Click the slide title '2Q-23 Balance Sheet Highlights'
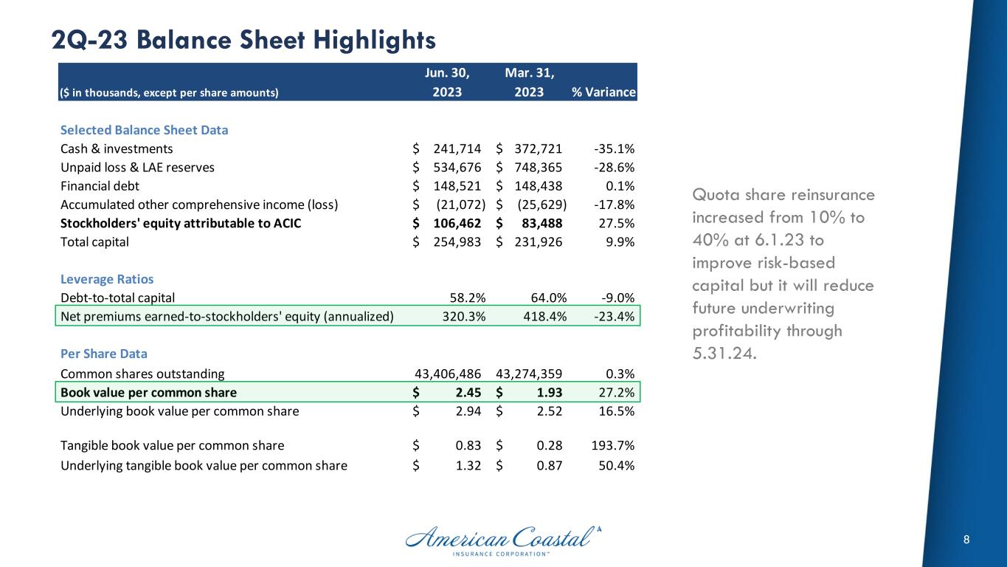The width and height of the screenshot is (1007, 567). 243,40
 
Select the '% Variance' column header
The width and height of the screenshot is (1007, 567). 603,92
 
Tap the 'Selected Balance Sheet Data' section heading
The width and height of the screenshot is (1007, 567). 144,130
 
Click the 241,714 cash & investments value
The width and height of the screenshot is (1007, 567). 456,148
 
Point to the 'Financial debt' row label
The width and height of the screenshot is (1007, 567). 100,186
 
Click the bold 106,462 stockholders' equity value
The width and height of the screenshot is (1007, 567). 456,224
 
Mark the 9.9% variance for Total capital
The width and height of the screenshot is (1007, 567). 619,242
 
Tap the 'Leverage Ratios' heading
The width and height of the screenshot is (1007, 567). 107,280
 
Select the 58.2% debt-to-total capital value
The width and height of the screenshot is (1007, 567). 467,298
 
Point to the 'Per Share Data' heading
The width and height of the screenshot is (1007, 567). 103,354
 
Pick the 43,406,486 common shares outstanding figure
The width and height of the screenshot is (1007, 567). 451,374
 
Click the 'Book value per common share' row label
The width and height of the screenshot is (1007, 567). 148,392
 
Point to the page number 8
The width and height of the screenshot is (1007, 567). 966,540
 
